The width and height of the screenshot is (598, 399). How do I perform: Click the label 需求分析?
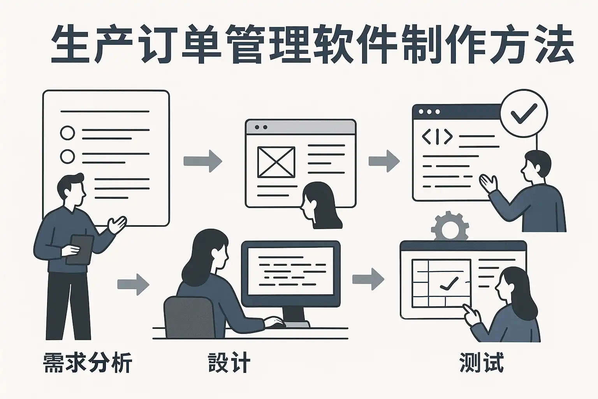pos(87,363)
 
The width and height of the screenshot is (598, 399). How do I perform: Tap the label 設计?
pos(229,363)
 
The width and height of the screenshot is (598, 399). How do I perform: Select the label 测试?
pos(482,363)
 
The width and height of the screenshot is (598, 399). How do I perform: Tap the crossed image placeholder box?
pos(276,162)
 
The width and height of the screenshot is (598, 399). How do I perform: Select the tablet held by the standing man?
pos(80,249)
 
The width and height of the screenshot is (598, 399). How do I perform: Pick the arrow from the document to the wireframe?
pos(202,161)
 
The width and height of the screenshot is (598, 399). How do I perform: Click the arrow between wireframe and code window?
pos(384,161)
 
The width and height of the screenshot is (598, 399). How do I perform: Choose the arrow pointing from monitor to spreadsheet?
pos(368,279)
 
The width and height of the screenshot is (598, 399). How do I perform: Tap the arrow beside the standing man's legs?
pos(133,284)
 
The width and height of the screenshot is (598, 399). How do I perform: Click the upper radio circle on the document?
pos(67,133)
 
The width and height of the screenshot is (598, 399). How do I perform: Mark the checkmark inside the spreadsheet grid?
pos(448,283)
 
